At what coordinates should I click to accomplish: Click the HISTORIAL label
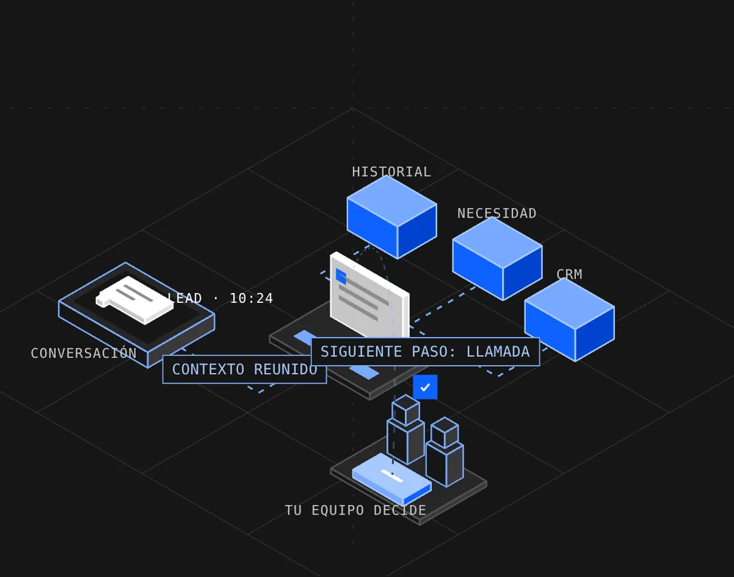pyautogui.click(x=391, y=172)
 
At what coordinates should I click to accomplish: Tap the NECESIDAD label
pyautogui.click(x=497, y=214)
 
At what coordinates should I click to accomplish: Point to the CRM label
pyautogui.click(x=570, y=274)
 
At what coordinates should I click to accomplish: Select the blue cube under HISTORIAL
pyautogui.click(x=392, y=217)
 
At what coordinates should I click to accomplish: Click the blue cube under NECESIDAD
pyautogui.click(x=497, y=258)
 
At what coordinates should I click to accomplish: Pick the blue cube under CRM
pyautogui.click(x=570, y=319)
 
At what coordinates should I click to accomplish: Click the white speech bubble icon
pyautogui.click(x=134, y=300)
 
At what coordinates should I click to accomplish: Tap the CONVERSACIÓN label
pyautogui.click(x=84, y=353)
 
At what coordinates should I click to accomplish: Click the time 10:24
pyautogui.click(x=252, y=298)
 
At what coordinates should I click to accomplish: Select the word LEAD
pyautogui.click(x=185, y=298)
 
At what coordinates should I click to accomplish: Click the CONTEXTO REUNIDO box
pyautogui.click(x=244, y=370)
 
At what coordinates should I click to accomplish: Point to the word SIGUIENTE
pyautogui.click(x=361, y=351)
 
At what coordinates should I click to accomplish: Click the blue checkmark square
pyautogui.click(x=425, y=388)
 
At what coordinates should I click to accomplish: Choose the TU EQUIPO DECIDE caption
pyautogui.click(x=356, y=510)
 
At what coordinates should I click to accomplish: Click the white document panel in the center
pyautogui.click(x=370, y=295)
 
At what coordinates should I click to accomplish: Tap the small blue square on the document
pyautogui.click(x=341, y=276)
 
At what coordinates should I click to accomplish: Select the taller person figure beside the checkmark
pyautogui.click(x=406, y=429)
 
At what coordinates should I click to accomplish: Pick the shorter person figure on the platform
pyautogui.click(x=445, y=452)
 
